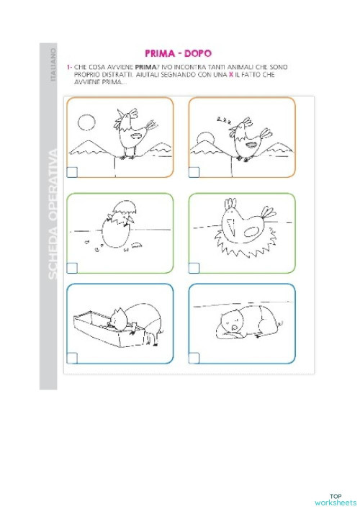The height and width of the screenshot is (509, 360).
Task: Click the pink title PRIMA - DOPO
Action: [x=176, y=53]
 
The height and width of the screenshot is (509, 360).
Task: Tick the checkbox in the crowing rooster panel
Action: [x=73, y=172]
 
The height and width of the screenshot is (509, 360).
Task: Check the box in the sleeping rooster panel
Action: [x=194, y=172]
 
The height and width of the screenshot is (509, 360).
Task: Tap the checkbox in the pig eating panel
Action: [x=73, y=358]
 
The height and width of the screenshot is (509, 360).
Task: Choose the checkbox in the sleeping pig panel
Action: [x=194, y=358]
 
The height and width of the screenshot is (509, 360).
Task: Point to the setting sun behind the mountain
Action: [x=204, y=137]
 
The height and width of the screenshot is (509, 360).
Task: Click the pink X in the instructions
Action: [x=230, y=75]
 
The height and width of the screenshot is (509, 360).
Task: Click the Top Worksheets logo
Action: [x=335, y=499]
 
